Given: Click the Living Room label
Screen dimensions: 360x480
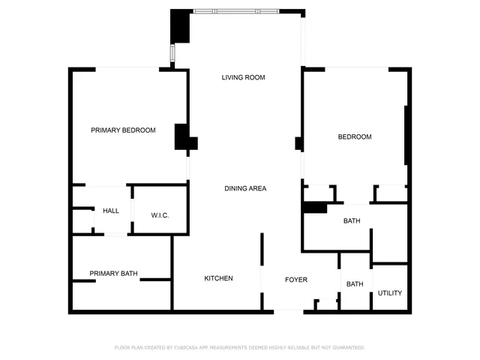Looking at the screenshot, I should [x=244, y=78].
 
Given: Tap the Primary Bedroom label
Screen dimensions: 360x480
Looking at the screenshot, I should [x=123, y=130].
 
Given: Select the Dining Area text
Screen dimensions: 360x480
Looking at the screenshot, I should [x=245, y=188].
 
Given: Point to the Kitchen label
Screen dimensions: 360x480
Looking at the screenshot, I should [x=218, y=279].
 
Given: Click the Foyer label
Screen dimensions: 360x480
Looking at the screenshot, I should [x=296, y=280].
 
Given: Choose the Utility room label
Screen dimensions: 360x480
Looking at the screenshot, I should [x=389, y=293].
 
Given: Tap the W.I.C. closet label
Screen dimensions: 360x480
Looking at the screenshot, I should [x=160, y=216].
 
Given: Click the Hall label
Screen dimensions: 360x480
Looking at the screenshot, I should [x=111, y=211].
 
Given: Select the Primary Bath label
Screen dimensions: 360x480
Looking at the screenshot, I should [x=113, y=274].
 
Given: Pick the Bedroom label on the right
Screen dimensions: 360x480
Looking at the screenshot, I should [x=355, y=137].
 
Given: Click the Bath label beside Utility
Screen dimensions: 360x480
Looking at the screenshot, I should [x=355, y=284].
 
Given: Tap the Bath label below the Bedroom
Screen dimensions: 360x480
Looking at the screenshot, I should [x=352, y=221].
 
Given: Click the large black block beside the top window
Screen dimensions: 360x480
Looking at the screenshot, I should [x=180, y=28].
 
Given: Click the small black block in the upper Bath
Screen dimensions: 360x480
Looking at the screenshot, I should [x=314, y=208].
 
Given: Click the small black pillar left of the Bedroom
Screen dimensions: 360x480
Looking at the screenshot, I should [x=298, y=142].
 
